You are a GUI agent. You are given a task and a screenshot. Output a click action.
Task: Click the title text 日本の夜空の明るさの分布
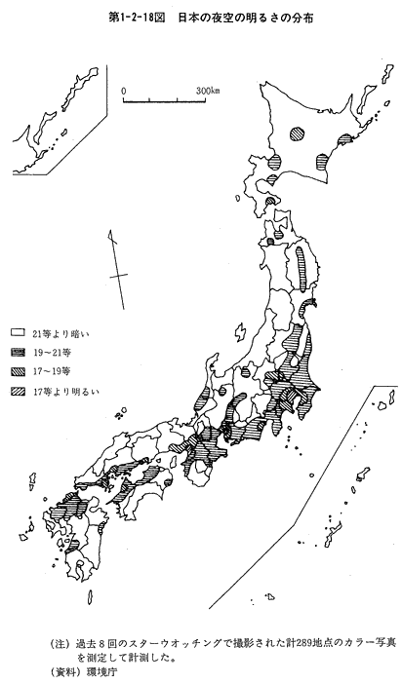click(x=245, y=19)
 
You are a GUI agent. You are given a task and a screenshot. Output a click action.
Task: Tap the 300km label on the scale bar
click(x=208, y=91)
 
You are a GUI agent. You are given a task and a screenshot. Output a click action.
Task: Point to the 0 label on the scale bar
click(x=124, y=91)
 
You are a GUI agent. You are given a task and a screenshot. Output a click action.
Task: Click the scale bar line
click(x=164, y=100)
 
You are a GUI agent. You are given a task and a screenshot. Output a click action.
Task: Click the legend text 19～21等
click(x=52, y=353)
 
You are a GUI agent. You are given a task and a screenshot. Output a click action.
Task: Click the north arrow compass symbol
click(x=117, y=270)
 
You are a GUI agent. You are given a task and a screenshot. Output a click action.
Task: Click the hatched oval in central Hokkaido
click(x=298, y=133)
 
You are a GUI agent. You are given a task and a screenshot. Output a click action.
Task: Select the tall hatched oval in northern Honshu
click(x=301, y=269)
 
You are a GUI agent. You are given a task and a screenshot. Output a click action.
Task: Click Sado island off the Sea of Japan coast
click(x=240, y=332)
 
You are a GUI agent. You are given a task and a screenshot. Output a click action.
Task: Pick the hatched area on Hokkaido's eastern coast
click(x=344, y=139)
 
